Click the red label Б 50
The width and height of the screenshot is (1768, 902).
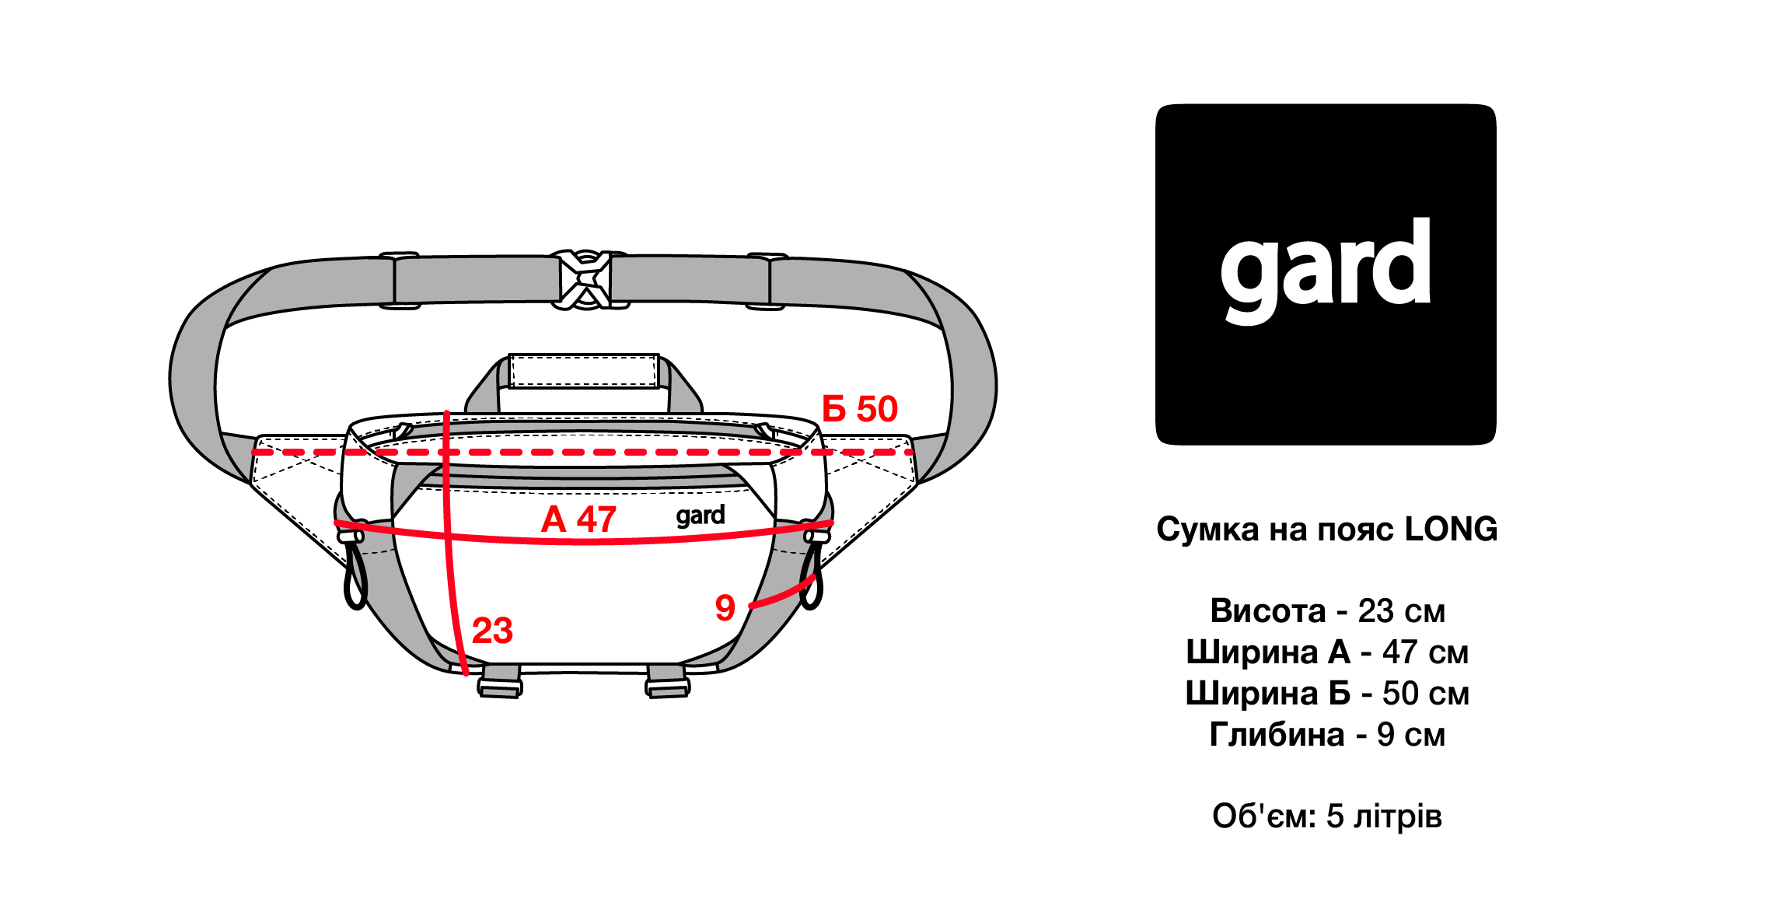(x=859, y=409)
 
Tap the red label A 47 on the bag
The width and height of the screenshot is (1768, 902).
(x=578, y=519)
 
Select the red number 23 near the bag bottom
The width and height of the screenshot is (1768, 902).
(x=492, y=631)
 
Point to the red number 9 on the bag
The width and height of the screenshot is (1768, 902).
(x=725, y=608)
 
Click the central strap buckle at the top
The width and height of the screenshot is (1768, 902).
(x=585, y=280)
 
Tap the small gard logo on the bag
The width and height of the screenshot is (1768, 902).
(x=701, y=516)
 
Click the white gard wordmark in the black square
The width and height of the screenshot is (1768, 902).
(x=1326, y=271)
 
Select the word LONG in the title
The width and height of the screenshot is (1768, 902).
(x=1451, y=530)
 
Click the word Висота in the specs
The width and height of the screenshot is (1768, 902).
(x=1267, y=611)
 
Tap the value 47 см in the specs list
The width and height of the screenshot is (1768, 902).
(x=1425, y=652)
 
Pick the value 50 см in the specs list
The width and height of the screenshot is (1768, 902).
(x=1425, y=694)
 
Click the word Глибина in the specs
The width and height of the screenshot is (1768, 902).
(x=1277, y=735)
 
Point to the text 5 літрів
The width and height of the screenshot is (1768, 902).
(x=1384, y=816)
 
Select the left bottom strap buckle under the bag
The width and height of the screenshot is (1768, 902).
(x=500, y=681)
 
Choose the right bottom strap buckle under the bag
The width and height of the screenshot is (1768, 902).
(x=667, y=681)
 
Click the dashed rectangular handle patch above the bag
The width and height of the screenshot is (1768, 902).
(x=584, y=372)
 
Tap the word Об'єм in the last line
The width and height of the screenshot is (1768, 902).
(x=1264, y=816)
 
